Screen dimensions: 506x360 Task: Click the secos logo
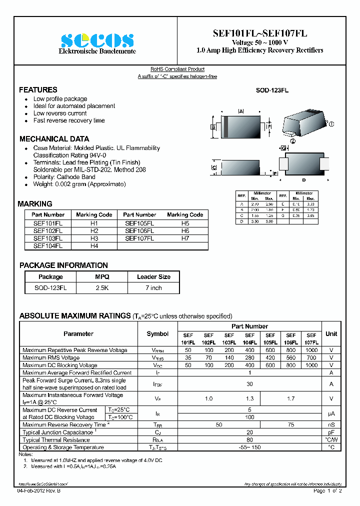(97, 40)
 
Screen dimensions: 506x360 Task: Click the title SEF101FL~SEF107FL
(259, 33)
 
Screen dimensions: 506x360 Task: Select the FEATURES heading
(38, 90)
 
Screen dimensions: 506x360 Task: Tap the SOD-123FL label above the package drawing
(272, 90)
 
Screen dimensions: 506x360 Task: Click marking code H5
(185, 223)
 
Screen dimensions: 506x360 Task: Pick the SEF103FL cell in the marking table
(47, 238)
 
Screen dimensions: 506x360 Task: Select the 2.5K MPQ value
(102, 288)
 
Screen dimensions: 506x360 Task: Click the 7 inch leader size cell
(153, 288)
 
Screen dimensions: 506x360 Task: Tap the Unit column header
(331, 333)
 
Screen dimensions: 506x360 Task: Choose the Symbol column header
(157, 333)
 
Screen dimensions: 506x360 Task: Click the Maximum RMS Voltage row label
(51, 358)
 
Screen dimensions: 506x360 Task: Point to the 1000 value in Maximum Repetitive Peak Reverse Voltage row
(311, 350)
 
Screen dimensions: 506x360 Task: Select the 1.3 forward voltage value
(249, 398)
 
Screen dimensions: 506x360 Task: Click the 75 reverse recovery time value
(290, 424)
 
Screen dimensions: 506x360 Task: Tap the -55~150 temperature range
(249, 447)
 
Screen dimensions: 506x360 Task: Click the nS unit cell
(331, 424)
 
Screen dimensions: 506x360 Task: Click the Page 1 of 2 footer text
(327, 491)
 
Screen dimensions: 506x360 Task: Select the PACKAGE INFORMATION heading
(63, 265)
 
